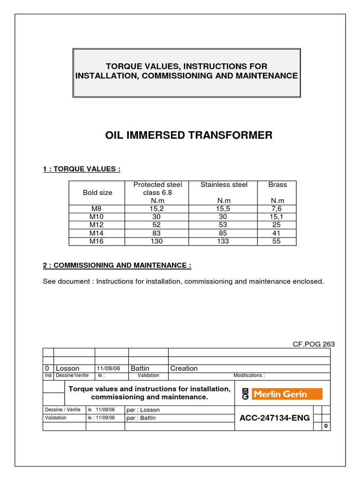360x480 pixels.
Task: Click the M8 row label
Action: pos(97,209)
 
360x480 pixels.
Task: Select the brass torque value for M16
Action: pos(277,241)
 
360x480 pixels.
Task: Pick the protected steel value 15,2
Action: pos(157,209)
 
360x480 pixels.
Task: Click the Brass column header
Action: pos(277,185)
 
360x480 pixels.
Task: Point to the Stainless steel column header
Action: pos(224,185)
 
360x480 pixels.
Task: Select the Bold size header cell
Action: pos(97,192)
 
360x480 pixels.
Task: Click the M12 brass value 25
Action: pos(277,225)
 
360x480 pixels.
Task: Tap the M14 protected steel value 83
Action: pos(157,233)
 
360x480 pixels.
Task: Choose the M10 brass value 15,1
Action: pos(277,217)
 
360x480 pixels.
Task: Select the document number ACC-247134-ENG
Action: pos(274,418)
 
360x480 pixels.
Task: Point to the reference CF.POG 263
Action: pos(314,344)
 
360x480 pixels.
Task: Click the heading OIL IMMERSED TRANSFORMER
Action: pos(189,135)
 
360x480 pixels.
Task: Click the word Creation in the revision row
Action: pos(184,368)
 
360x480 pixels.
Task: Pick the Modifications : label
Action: pos(249,375)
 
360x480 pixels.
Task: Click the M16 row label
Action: pos(97,241)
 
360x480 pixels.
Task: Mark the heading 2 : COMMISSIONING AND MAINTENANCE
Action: pos(117,265)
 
